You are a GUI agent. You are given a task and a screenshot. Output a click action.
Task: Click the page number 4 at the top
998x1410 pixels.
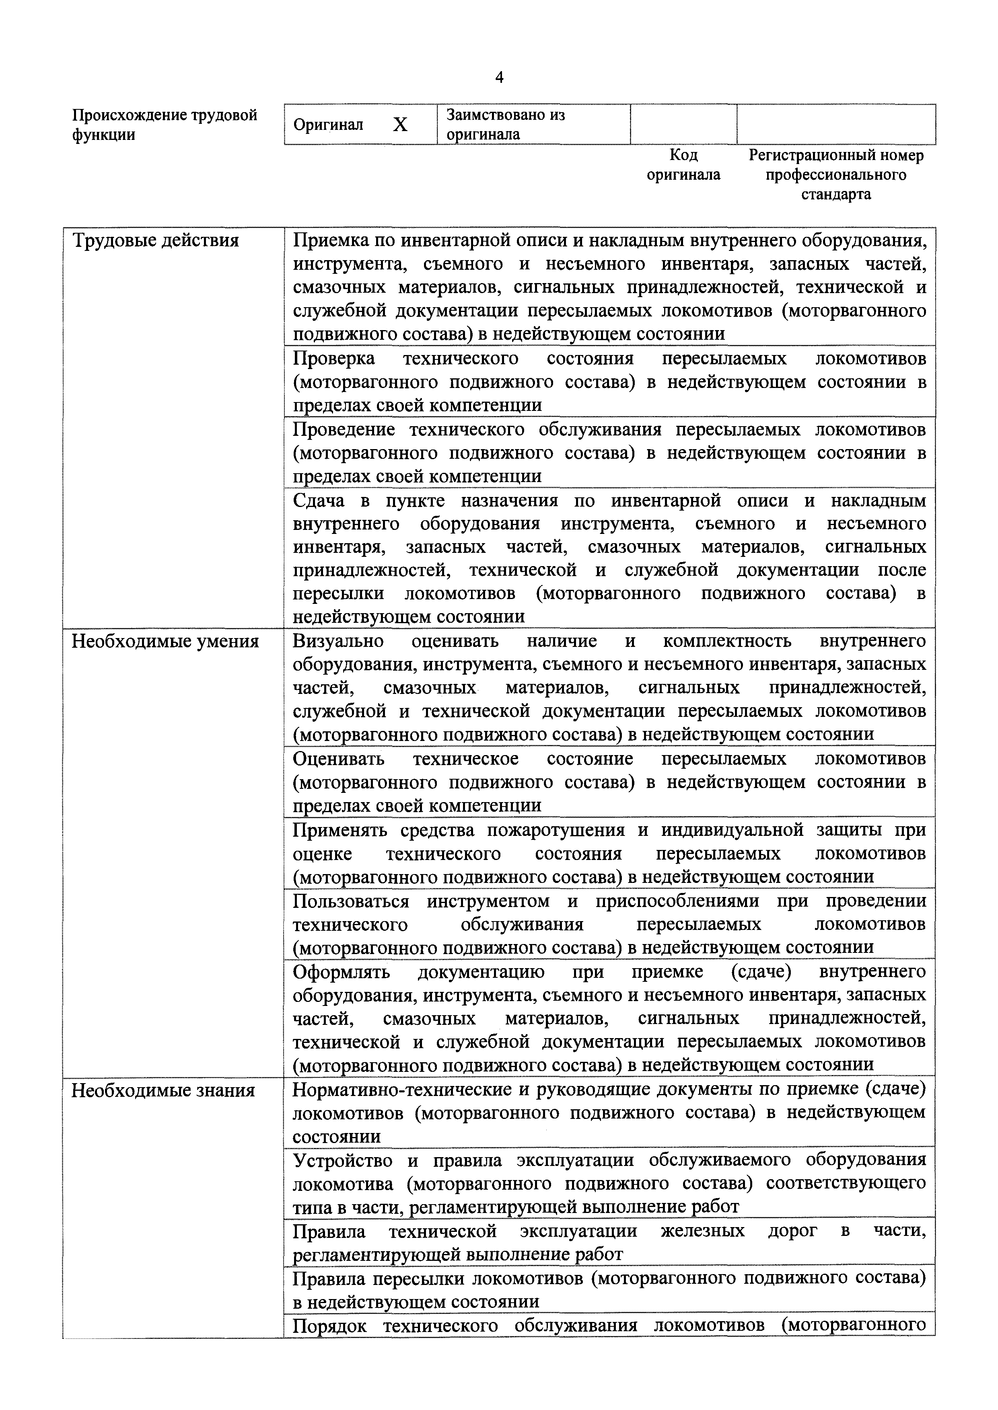499,77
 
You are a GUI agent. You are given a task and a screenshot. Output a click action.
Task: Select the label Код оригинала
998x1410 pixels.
683,164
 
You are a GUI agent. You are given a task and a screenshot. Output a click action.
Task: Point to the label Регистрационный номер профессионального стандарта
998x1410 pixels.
836,174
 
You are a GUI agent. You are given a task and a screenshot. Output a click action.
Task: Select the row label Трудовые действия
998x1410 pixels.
156,240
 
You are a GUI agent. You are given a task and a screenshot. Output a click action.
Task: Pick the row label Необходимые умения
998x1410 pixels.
165,641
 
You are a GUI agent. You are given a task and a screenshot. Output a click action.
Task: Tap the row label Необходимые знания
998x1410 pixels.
163,1091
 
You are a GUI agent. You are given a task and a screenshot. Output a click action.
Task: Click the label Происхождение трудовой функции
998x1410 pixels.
165,125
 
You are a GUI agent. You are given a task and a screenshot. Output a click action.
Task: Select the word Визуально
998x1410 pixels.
338,641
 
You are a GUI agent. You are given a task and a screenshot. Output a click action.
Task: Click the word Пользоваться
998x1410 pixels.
351,901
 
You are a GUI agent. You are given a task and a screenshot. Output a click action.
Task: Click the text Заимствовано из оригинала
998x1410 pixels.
505,125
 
